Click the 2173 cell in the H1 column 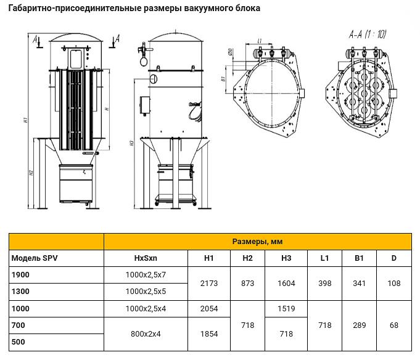click(x=209, y=283)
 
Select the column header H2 click(x=247, y=258)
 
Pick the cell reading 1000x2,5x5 click(x=146, y=291)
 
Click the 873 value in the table click(x=247, y=283)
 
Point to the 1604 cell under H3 click(x=286, y=283)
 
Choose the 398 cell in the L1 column click(x=325, y=283)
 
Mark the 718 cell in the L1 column click(x=325, y=325)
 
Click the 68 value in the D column click(x=393, y=325)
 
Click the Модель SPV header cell click(x=35, y=258)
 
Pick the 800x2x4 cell click(x=146, y=333)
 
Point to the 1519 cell click(x=286, y=308)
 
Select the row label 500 click(x=18, y=342)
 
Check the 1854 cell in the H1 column click(x=209, y=333)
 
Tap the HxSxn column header click(x=146, y=258)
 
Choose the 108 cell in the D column click(x=393, y=283)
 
